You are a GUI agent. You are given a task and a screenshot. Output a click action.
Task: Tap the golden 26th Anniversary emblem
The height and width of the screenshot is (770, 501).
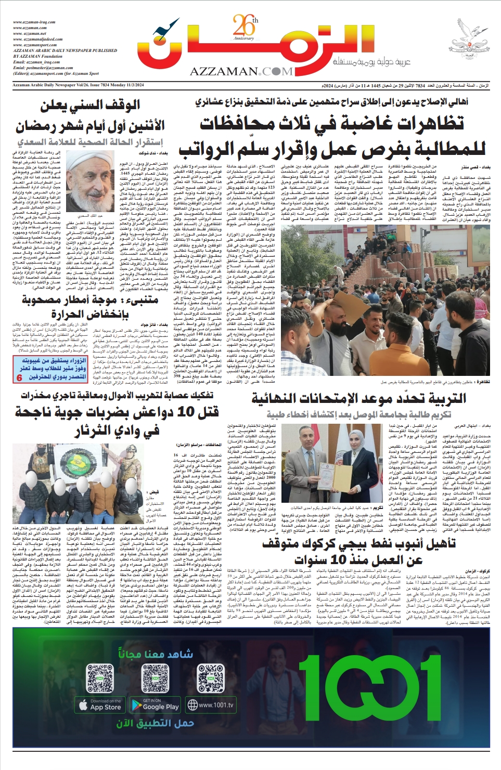click(245, 29)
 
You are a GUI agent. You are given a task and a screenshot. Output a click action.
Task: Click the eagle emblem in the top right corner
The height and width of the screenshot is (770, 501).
click(469, 40)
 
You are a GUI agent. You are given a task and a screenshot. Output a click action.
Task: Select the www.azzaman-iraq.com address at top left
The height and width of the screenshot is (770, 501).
click(34, 22)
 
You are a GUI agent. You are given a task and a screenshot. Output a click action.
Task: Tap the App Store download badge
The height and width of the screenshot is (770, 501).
click(100, 705)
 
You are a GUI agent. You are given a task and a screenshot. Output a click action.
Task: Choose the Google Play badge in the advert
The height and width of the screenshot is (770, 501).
click(155, 705)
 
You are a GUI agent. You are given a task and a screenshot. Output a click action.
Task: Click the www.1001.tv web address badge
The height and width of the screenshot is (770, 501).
click(211, 705)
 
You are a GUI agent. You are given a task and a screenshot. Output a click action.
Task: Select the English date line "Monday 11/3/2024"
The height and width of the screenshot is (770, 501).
click(125, 85)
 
